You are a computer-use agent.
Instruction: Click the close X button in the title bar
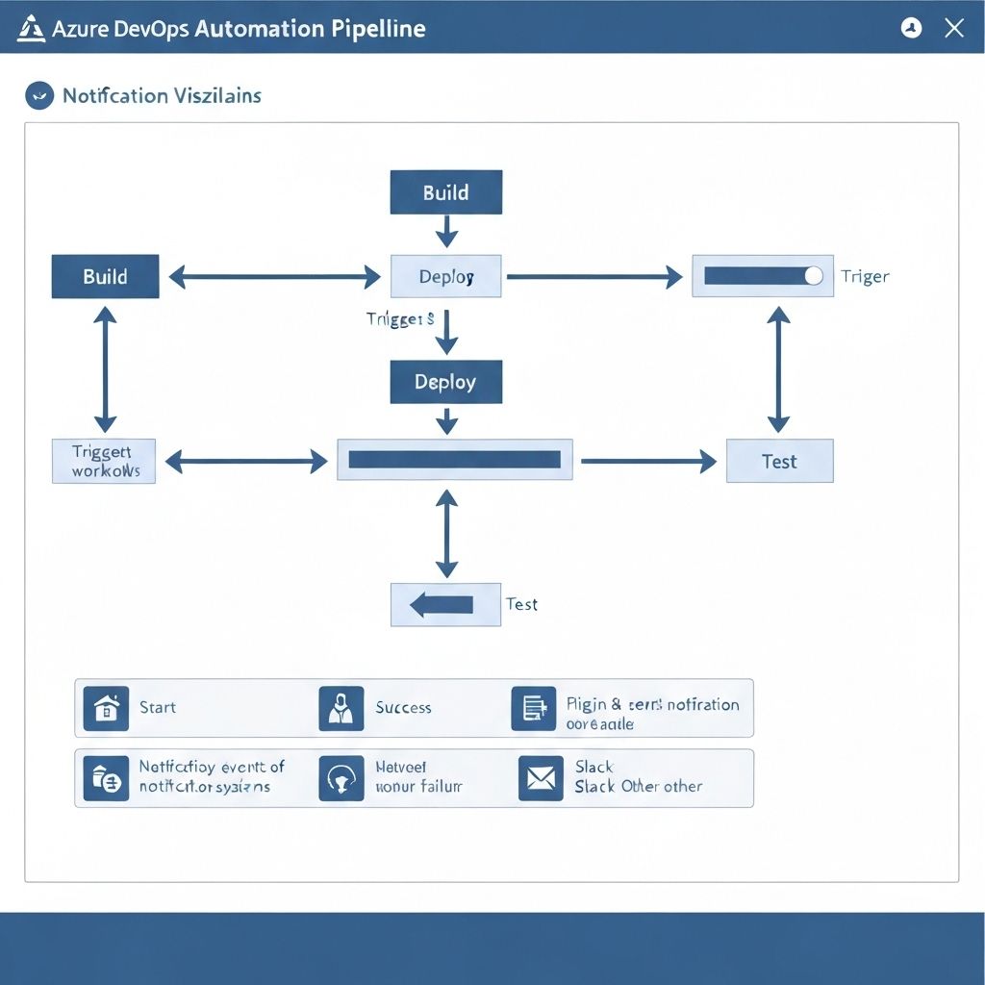(953, 28)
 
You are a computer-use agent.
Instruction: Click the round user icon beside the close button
(911, 28)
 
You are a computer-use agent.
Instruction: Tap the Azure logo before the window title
(31, 28)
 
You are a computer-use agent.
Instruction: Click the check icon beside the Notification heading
(38, 95)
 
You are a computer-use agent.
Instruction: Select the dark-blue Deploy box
(445, 382)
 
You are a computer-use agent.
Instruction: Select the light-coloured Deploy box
(445, 276)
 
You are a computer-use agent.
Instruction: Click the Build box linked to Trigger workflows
(105, 276)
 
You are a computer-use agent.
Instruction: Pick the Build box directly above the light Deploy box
(445, 192)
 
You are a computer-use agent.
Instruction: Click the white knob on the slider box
(813, 276)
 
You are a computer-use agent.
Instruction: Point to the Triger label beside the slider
(865, 276)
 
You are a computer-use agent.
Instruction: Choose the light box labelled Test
(779, 461)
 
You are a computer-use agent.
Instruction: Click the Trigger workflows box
(104, 461)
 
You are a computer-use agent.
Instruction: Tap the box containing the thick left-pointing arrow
(445, 604)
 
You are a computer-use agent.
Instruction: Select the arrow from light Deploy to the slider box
(594, 277)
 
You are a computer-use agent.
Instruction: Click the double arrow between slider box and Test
(779, 369)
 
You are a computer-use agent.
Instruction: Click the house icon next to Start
(106, 708)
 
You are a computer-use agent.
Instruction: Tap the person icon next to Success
(341, 708)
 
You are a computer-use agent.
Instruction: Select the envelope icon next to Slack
(541, 778)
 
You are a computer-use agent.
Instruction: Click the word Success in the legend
(403, 708)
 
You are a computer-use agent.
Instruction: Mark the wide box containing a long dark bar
(454, 460)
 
